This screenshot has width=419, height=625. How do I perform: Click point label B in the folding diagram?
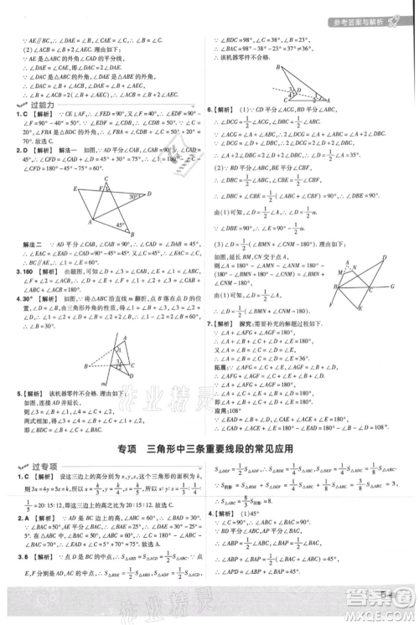(86, 367)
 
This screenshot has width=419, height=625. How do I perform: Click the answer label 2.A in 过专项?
(19, 541)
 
